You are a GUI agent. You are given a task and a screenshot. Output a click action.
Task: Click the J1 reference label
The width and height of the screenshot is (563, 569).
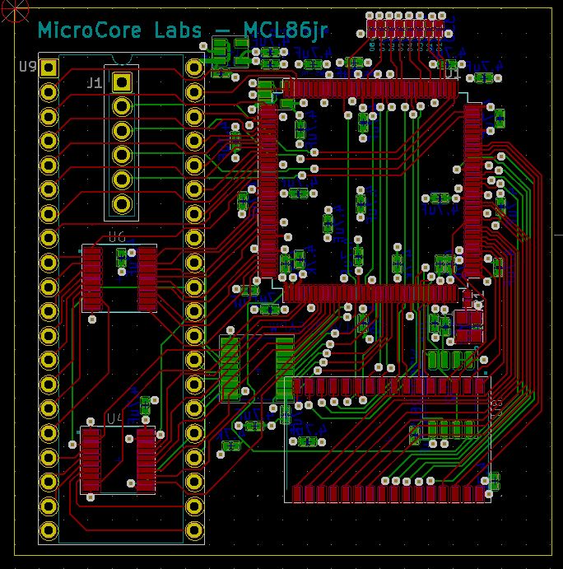click(94, 82)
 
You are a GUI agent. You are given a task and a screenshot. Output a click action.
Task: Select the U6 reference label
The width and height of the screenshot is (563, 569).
click(116, 237)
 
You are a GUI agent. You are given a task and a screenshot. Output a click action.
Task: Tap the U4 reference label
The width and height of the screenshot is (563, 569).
click(115, 418)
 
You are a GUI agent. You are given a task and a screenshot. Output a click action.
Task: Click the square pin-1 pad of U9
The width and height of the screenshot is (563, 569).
click(49, 67)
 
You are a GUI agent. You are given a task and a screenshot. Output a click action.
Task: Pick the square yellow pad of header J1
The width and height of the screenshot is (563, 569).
click(122, 82)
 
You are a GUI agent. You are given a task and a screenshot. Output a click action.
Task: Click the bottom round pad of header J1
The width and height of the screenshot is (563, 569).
click(122, 203)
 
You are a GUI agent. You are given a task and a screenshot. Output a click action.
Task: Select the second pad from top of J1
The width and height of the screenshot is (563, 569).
click(122, 106)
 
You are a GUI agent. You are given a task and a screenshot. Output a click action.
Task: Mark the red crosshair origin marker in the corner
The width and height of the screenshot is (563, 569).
click(8, 8)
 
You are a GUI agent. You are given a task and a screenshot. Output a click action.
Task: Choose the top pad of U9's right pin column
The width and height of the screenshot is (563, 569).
click(195, 67)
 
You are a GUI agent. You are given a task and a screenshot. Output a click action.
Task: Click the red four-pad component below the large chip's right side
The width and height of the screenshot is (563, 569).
click(470, 325)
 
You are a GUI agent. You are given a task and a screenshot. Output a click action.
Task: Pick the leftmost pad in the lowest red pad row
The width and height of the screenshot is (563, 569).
click(299, 493)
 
